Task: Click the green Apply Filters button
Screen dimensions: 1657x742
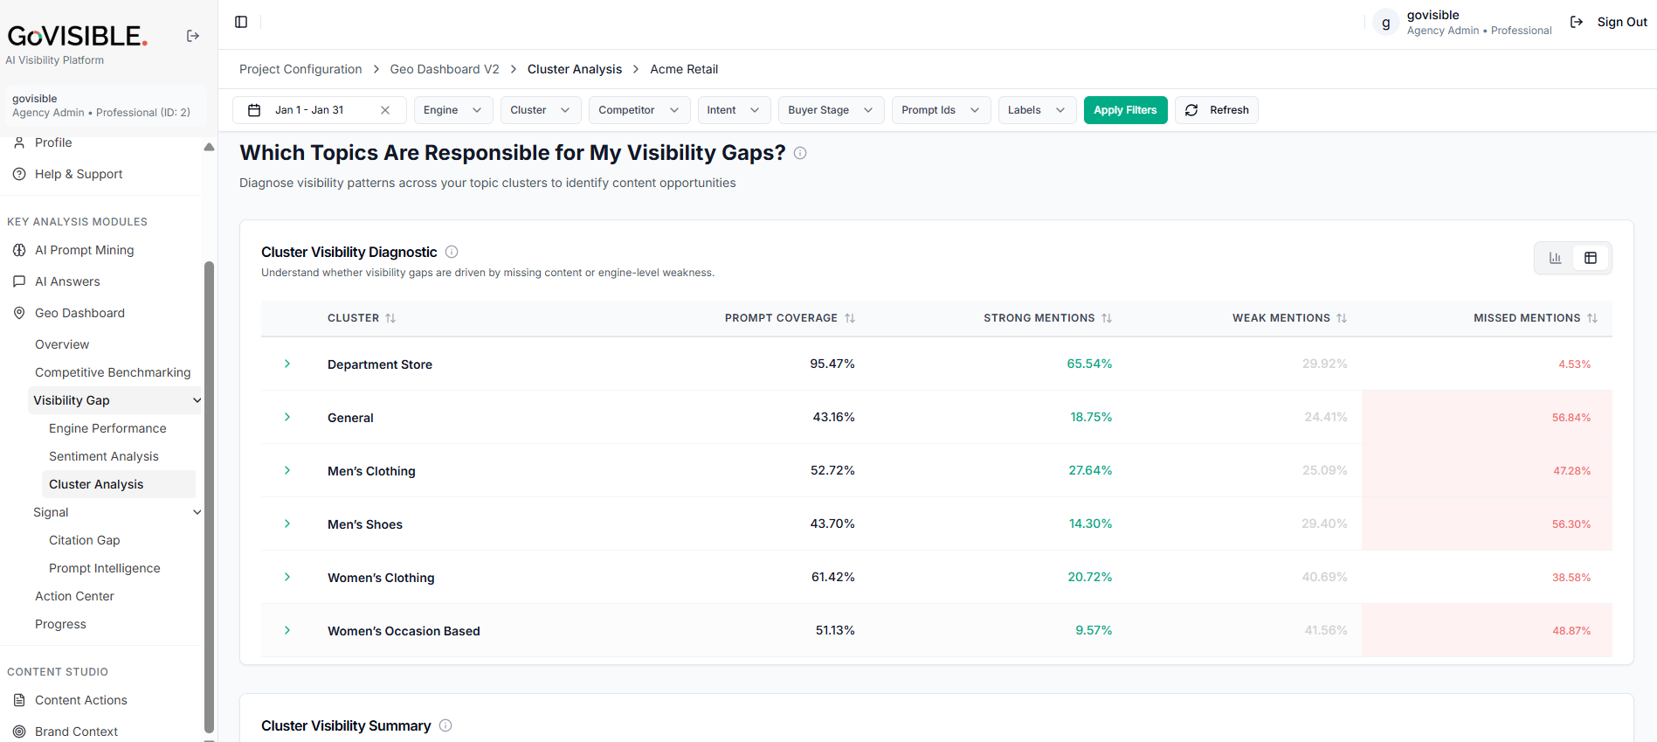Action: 1125,110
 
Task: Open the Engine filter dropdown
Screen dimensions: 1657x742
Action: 453,110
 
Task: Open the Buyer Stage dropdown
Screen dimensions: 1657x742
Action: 831,110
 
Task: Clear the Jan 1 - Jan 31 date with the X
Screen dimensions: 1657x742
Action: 385,110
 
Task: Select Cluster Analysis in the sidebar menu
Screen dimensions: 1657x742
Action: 96,484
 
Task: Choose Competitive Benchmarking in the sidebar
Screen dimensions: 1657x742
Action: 113,372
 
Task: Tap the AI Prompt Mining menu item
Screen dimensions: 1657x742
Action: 85,250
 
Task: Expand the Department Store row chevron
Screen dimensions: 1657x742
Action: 287,364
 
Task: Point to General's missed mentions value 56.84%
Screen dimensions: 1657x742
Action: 1571,418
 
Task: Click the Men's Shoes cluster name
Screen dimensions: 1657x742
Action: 365,524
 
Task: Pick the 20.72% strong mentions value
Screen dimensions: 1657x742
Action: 1089,577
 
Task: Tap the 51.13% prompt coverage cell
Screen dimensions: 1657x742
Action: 835,630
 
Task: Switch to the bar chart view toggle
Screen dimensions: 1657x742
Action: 1556,258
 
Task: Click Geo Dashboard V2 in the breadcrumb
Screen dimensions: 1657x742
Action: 445,69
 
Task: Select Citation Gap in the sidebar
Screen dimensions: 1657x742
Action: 85,540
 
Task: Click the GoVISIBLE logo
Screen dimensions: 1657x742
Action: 78,36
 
